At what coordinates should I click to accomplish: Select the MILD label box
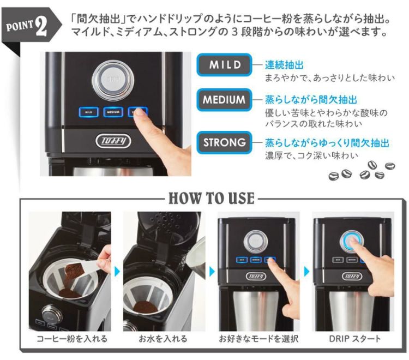tap(225, 65)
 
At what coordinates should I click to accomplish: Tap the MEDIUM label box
tap(224, 100)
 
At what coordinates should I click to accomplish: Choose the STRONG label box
tap(224, 143)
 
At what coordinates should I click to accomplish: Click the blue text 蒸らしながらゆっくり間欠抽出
tap(327, 143)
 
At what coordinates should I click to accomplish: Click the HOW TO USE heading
tap(211, 197)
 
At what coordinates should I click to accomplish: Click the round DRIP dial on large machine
tap(113, 80)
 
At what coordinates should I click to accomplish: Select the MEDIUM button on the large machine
tap(113, 112)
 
